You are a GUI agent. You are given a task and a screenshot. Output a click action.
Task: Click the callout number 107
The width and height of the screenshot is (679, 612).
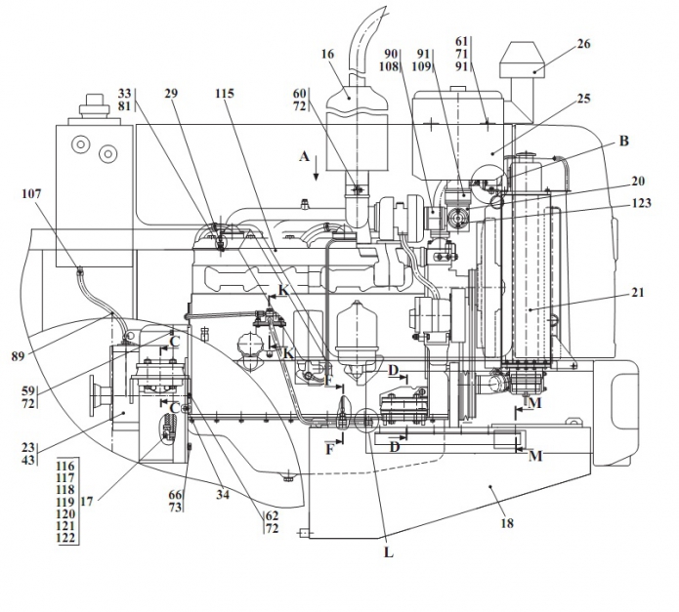pyautogui.click(x=31, y=194)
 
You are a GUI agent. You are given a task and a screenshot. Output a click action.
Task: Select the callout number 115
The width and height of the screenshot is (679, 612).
pyautogui.click(x=225, y=94)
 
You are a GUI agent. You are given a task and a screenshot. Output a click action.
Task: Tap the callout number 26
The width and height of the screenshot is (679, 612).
pyautogui.click(x=583, y=44)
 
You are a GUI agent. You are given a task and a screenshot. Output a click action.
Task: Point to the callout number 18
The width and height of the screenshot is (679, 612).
pyautogui.click(x=507, y=523)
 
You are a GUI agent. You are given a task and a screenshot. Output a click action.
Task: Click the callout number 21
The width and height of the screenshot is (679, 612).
pyautogui.click(x=637, y=293)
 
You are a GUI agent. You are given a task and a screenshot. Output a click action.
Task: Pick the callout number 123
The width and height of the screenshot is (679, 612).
pyautogui.click(x=642, y=203)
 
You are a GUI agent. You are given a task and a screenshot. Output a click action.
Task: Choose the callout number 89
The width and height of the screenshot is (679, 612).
pyautogui.click(x=19, y=356)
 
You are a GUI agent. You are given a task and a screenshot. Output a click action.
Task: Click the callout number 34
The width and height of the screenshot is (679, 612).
pyautogui.click(x=223, y=494)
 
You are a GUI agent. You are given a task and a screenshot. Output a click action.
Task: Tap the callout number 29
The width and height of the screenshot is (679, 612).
pyautogui.click(x=171, y=94)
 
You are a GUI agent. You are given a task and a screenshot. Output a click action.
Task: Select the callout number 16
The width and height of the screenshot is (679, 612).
pyautogui.click(x=328, y=54)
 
